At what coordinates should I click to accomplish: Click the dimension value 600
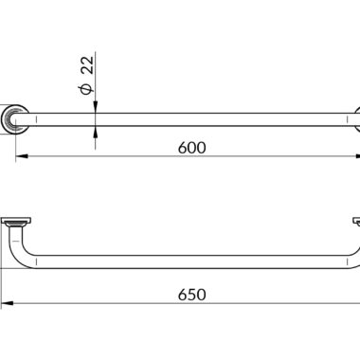coord(191,148)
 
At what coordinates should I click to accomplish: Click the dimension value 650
coord(191,295)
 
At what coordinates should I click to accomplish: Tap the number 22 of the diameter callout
coord(87,64)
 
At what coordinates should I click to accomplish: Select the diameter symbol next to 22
coord(87,89)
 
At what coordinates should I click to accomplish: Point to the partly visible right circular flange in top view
coord(357,119)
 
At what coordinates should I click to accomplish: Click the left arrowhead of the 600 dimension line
coord(20,156)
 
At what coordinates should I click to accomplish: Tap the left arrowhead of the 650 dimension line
coord(7,303)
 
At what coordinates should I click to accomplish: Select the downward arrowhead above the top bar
coord(96,107)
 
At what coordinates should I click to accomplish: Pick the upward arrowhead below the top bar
coord(96,132)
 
